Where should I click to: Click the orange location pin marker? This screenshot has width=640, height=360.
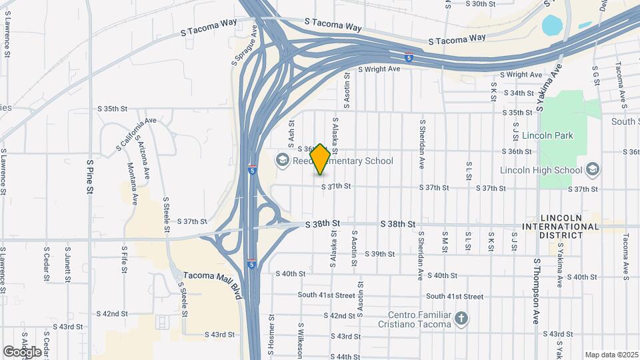coord(320,159)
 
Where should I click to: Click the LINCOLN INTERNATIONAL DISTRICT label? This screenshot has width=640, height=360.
coord(569,222)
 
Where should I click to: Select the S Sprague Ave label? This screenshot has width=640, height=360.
coord(245,45)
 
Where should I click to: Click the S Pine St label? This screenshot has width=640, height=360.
coord(91,177)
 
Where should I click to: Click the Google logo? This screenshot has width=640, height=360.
coord(23,351)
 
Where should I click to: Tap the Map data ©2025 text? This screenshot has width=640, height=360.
coord(611,355)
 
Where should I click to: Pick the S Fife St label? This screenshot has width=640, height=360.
coord(124,259)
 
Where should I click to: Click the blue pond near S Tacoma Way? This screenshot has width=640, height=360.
coord(553,25)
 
